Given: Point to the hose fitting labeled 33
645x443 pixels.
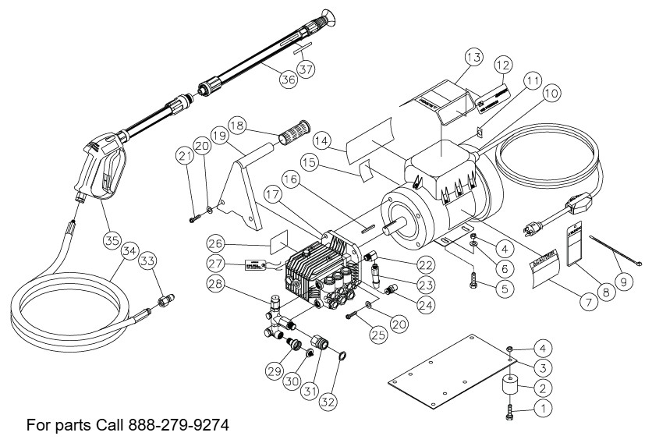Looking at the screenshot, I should coord(165,299).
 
